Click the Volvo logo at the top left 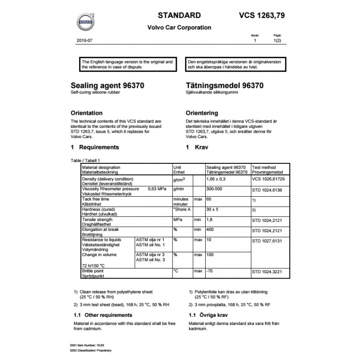point(84,21)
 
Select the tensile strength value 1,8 point(209,220)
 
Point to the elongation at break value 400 point(210,229)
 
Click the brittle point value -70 point(209,271)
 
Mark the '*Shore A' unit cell point(182,209)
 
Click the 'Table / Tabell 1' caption point(85,160)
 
